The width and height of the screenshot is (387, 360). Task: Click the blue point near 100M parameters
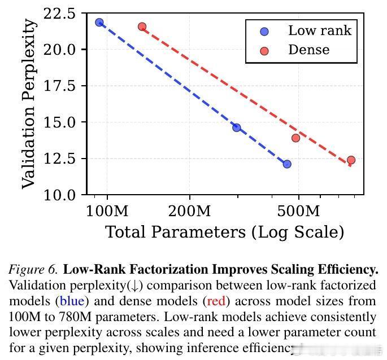pos(99,23)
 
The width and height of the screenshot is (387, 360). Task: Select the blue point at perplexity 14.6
pos(237,128)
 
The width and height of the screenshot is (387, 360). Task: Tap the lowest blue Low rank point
pos(287,164)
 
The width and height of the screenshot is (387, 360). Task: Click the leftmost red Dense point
pos(142,27)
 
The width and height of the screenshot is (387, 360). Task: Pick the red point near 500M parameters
pos(295,138)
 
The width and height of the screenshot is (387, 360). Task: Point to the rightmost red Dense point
pos(351,160)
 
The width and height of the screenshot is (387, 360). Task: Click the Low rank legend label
pos(320,30)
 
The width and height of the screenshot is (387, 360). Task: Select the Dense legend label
pos(308,50)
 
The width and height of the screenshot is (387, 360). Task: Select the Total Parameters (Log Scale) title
pos(224,232)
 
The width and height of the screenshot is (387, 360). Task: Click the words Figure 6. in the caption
pos(33,270)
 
